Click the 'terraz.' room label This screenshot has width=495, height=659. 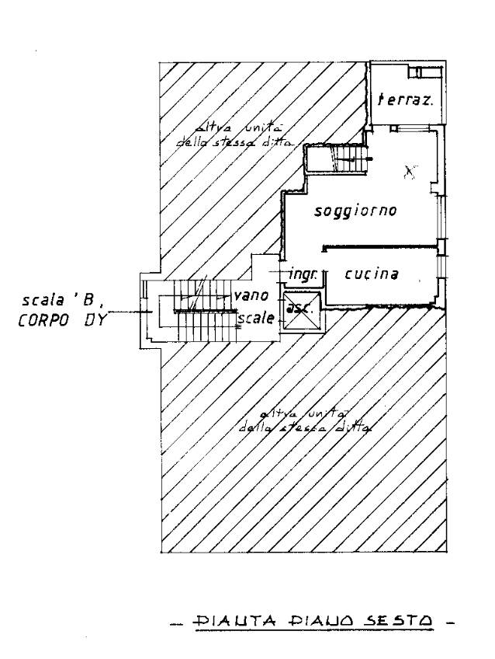pos(404,99)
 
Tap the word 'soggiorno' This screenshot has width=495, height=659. pos(356,211)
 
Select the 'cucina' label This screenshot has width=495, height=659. pos(372,274)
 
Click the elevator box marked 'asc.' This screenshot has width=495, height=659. pos(298,309)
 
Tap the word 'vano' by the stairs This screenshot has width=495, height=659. pos(251,296)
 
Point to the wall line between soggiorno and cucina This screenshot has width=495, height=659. pos(380,248)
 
